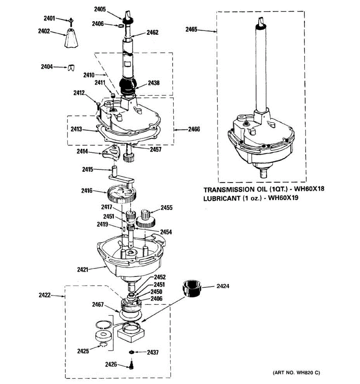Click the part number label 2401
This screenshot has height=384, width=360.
tap(49, 18)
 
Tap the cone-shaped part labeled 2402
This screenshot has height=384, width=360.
tap(71, 38)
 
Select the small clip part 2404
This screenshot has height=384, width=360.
tap(71, 68)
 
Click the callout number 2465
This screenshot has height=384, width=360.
tap(191, 30)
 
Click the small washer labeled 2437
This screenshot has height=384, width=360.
tap(131, 352)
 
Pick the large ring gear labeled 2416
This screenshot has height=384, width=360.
tap(122, 194)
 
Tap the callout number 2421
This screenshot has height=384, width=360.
tap(83, 269)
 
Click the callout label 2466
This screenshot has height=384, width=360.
tap(194, 129)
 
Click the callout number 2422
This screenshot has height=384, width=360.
tap(45, 295)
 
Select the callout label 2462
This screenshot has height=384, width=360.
tap(153, 32)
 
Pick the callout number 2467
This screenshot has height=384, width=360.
tap(98, 304)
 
